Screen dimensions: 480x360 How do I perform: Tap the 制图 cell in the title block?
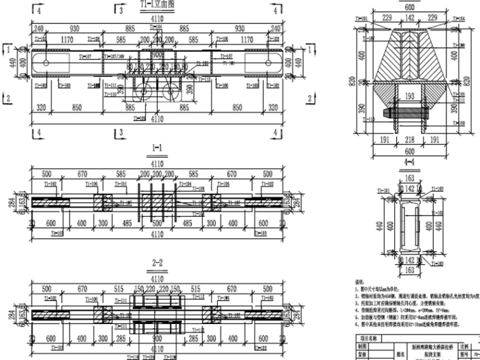pos(363,345)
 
